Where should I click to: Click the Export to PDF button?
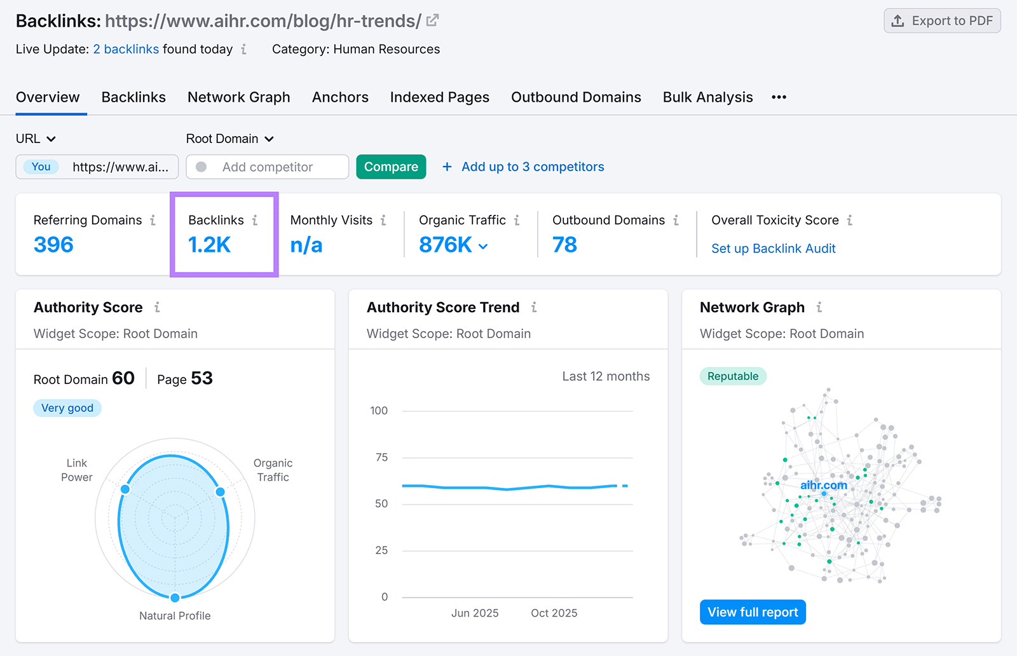942,21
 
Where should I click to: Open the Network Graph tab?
238,97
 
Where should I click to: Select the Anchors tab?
340,97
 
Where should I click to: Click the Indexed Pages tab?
439,97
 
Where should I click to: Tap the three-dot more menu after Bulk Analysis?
779,97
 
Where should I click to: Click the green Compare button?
391,167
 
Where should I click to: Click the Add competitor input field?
268,167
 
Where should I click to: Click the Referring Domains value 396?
53,245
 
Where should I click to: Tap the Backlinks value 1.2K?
209,245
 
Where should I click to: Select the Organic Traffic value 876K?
446,245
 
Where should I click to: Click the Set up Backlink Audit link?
773,249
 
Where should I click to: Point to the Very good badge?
67,408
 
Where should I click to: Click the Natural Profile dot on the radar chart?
175,597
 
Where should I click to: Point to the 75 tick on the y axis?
381,457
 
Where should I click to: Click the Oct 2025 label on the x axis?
554,613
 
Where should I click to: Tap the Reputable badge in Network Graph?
732,376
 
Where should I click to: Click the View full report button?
753,612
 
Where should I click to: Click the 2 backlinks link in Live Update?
126,49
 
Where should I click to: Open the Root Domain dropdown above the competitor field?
229,139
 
